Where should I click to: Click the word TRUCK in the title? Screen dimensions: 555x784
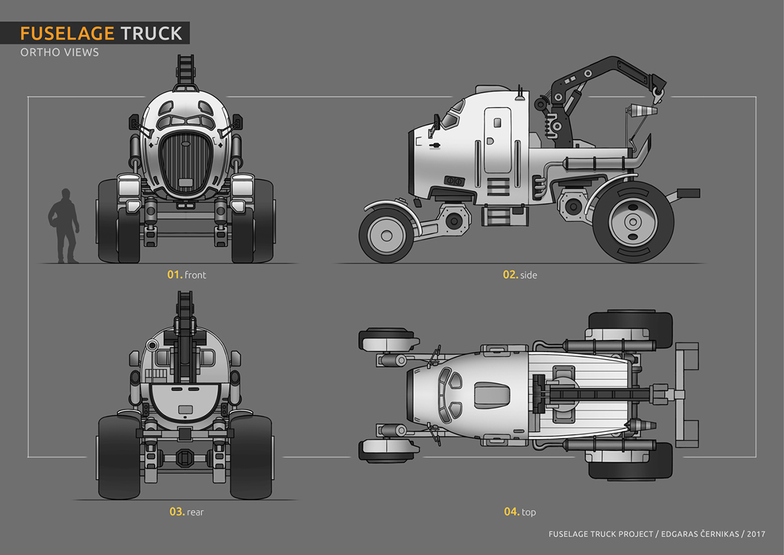click(152, 33)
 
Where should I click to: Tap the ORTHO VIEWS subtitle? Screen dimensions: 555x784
click(60, 52)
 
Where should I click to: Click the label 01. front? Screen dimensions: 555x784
click(186, 275)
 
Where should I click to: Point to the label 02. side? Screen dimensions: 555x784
click(519, 275)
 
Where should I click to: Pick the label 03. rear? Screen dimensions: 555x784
click(186, 512)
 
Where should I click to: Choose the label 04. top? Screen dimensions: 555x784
click(519, 512)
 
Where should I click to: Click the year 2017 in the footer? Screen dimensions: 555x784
click(755, 534)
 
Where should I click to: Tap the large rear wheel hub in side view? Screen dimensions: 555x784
click(632, 222)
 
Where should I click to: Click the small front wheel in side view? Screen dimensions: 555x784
click(387, 234)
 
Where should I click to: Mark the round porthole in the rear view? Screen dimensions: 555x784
click(153, 345)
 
